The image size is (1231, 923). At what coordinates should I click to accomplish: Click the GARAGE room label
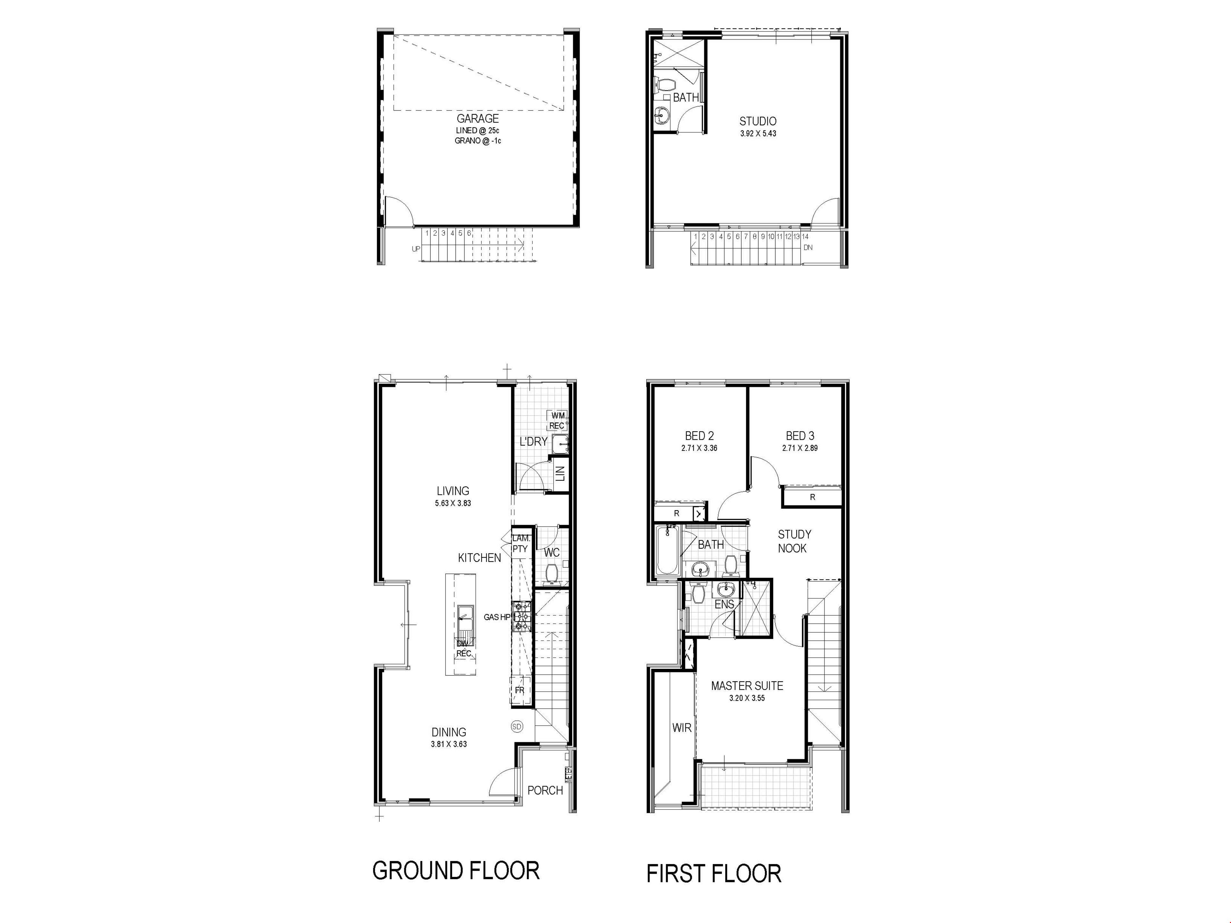coord(477,119)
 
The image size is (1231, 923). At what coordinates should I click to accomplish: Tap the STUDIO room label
coord(758,121)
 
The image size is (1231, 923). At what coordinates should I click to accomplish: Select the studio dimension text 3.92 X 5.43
coord(758,134)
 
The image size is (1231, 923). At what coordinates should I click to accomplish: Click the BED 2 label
coord(699,436)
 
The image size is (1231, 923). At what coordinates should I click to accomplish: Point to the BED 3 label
coord(800,436)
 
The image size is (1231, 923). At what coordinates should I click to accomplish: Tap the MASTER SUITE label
coord(747,686)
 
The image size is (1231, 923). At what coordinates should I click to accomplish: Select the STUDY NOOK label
coord(794,541)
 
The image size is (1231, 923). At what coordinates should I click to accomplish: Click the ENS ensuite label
coord(724,604)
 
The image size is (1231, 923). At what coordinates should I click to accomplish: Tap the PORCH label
coord(545,790)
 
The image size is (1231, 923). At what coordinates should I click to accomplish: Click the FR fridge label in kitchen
coord(519,690)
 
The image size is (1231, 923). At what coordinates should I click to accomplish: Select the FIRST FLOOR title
coord(714,873)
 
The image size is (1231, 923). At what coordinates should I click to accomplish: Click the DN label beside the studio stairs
coord(808,248)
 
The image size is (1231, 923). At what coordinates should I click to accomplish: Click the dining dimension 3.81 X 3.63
coord(448,744)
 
